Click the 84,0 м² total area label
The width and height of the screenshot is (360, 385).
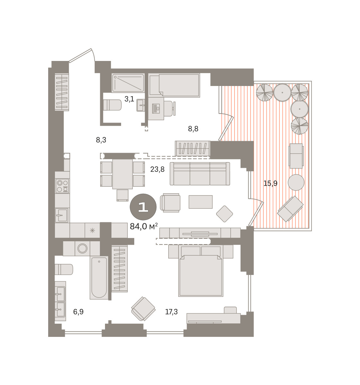click(x=144, y=226)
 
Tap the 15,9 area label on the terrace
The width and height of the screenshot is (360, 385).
click(x=270, y=183)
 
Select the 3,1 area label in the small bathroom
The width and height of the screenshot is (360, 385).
click(x=129, y=99)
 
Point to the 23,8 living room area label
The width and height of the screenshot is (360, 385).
click(x=157, y=169)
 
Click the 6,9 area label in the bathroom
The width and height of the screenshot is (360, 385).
click(x=78, y=312)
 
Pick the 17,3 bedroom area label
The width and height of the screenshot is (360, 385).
click(x=171, y=312)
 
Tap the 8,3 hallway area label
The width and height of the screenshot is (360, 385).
click(x=101, y=140)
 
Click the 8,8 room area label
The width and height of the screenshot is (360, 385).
click(x=193, y=129)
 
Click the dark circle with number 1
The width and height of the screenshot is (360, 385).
click(x=143, y=207)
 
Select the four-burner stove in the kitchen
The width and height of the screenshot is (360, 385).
click(x=62, y=186)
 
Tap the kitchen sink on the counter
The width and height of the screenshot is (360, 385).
click(x=62, y=215)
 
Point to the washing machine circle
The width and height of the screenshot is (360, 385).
click(x=82, y=248)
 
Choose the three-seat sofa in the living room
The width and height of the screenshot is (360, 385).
click(x=200, y=174)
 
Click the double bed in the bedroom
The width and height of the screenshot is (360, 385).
click(x=201, y=271)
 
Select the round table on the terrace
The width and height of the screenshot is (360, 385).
click(x=296, y=183)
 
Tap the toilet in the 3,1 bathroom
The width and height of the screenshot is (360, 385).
click(x=112, y=105)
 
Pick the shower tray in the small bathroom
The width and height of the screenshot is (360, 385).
click(x=128, y=83)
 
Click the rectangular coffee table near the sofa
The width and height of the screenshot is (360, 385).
click(x=200, y=202)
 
